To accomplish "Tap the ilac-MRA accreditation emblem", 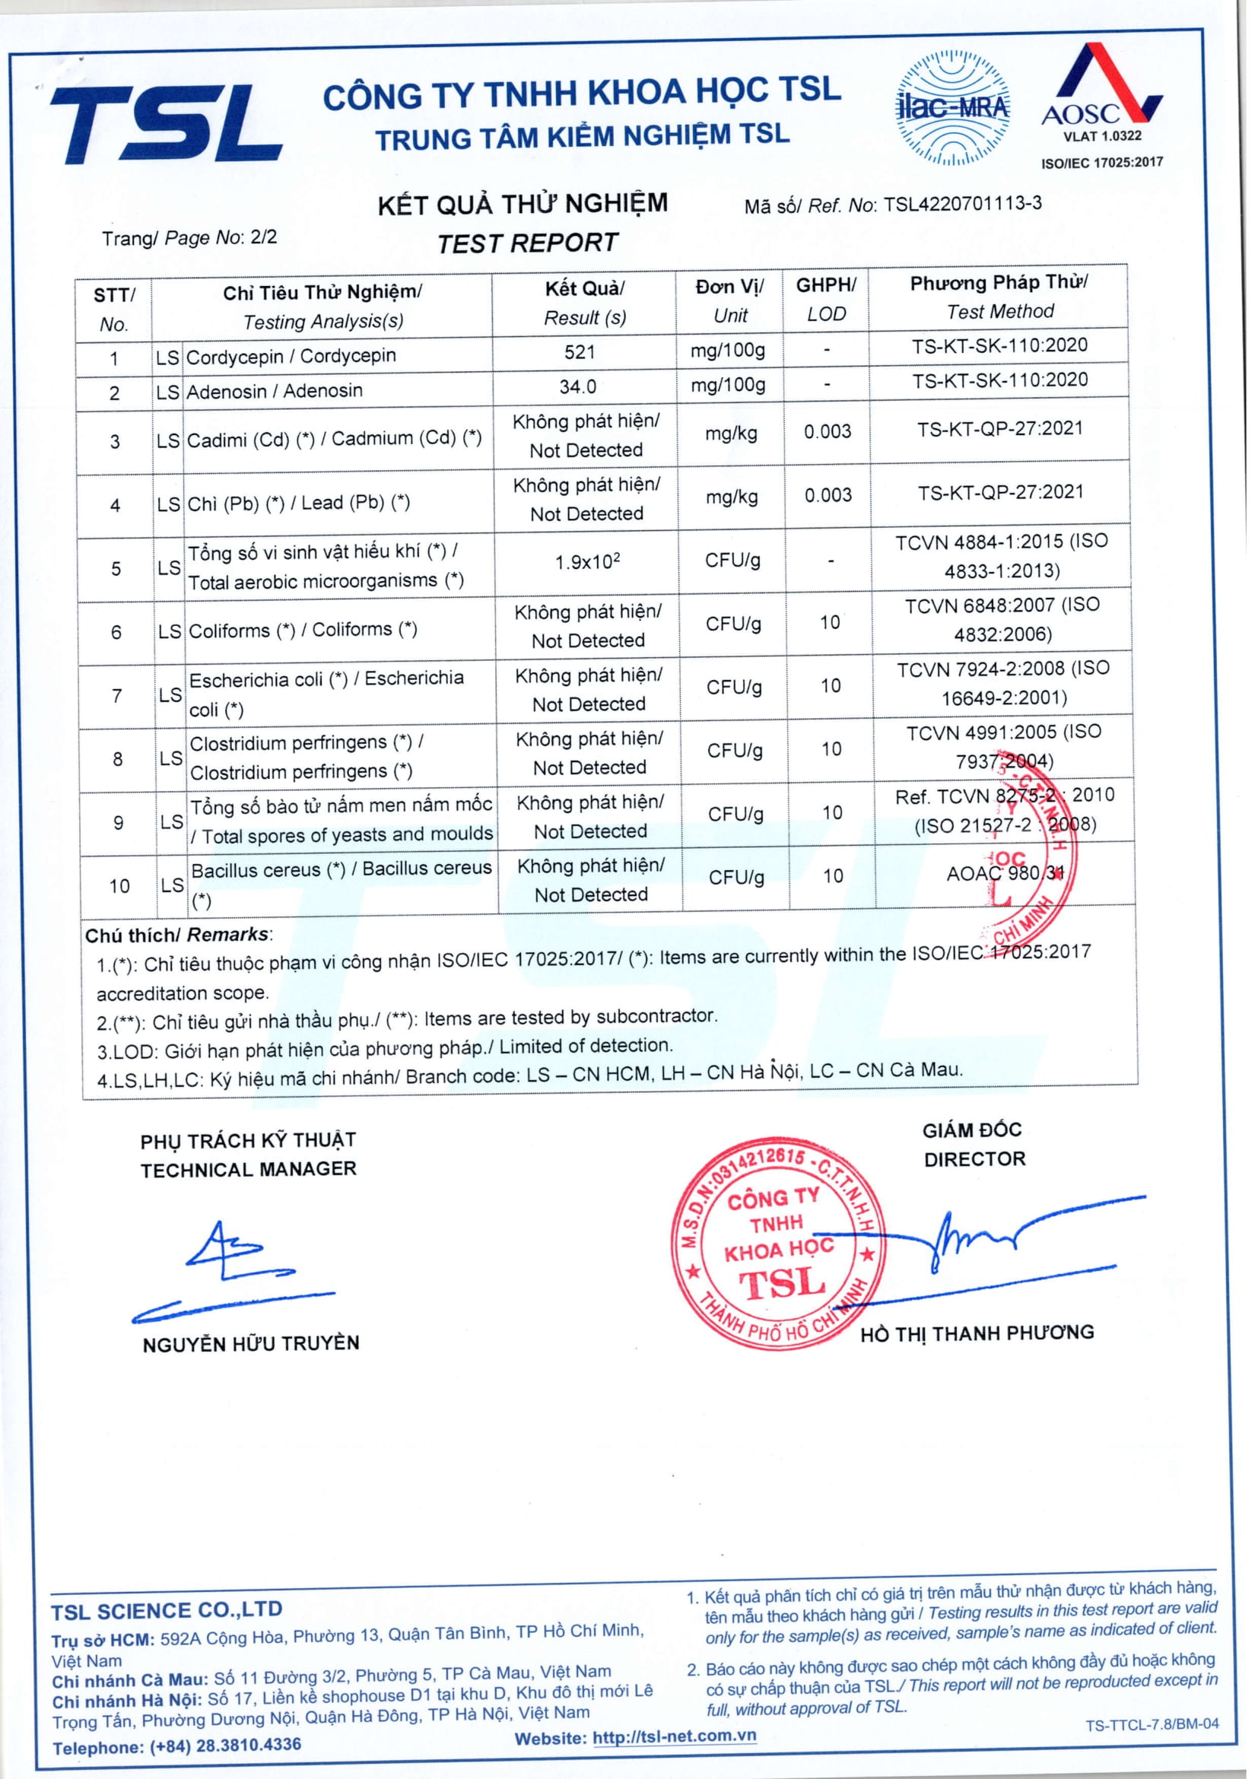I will point(952,109).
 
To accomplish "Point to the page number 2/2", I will point(263,237).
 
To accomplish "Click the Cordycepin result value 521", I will point(580,353).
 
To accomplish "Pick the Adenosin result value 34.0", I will point(578,386).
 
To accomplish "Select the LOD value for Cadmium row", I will point(827,431).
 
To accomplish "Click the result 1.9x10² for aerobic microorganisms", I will point(587,561).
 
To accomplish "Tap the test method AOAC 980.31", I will point(1005,874).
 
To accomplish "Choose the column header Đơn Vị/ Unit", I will point(729,300).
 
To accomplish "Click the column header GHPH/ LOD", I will point(826,299).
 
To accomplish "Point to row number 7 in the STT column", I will point(116,695).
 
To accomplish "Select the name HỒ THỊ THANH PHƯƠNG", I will point(977,1333).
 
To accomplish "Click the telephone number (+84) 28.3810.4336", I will point(225,1745).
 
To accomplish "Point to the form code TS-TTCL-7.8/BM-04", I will point(1151,1724).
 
